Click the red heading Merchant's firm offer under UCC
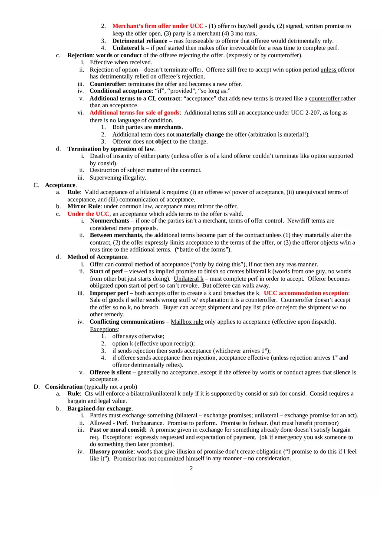tap(155, 26)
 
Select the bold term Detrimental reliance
tap(139, 41)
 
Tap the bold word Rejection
tap(80, 55)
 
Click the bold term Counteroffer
tap(107, 84)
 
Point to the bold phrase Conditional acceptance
tap(120, 91)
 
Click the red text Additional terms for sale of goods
tap(134, 113)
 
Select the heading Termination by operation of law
tap(111, 149)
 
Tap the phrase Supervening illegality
tap(118, 177)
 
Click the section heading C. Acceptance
tap(60, 185)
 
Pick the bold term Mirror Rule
tap(84, 207)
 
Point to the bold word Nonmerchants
tap(109, 221)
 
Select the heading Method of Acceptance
tap(97, 257)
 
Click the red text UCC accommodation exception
tap(306, 293)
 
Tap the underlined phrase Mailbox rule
tap(187, 322)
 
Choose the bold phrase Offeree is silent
tap(110, 372)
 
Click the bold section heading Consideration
tap(64, 387)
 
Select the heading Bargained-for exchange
tap(99, 408)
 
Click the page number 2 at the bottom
tap(191, 468)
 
